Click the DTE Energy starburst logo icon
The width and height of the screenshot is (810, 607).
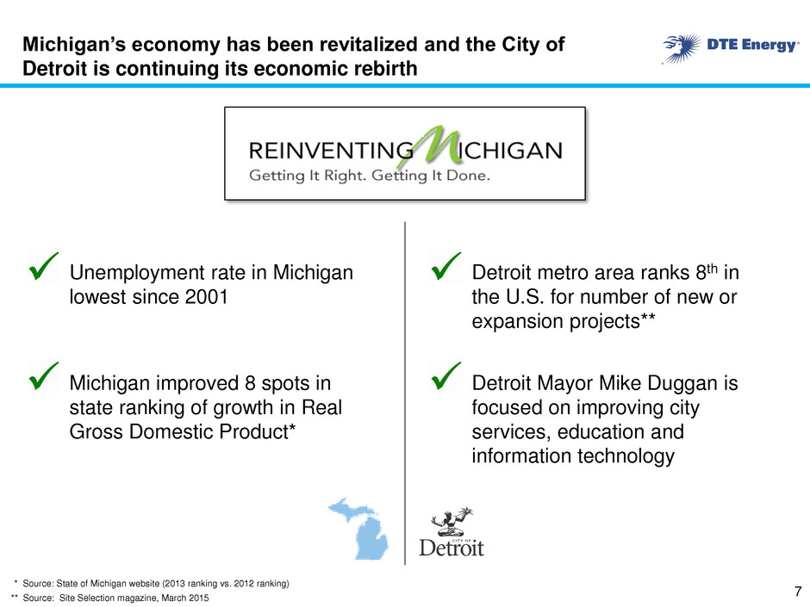tap(682, 48)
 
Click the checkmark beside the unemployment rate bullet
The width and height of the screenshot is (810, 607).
tap(43, 266)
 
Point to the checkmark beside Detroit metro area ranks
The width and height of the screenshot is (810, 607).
tap(445, 266)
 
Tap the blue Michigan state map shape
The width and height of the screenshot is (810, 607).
tap(362, 529)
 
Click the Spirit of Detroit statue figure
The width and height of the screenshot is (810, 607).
tap(452, 521)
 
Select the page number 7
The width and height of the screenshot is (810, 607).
tap(798, 591)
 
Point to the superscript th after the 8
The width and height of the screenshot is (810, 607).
tap(713, 269)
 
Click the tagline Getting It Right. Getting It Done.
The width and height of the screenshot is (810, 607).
tap(370, 176)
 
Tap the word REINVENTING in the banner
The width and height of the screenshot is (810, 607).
tap(331, 151)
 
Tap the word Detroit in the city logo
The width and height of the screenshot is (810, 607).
tap(452, 548)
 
